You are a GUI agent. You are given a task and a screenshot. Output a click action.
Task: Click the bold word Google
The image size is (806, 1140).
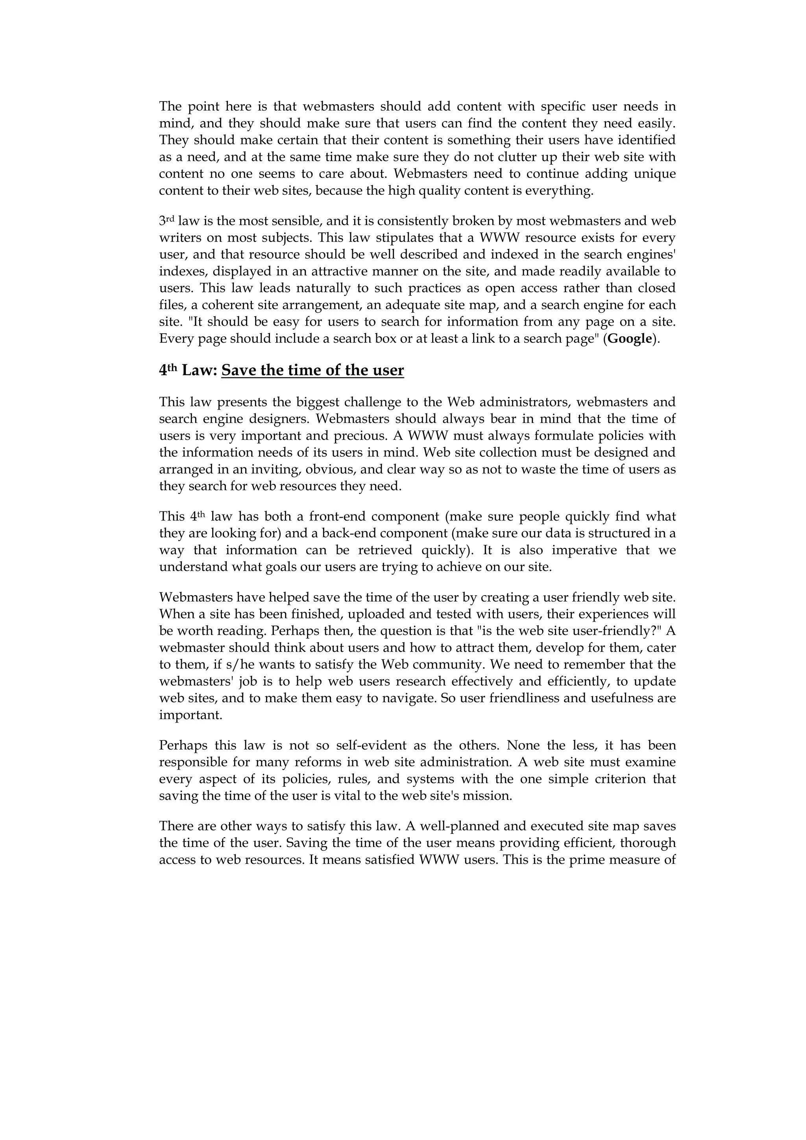tap(630, 339)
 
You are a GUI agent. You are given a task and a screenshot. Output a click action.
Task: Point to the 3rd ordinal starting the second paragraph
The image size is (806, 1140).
tap(167, 221)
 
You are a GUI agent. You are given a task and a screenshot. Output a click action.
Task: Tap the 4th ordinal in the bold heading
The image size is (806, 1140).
tap(168, 371)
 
